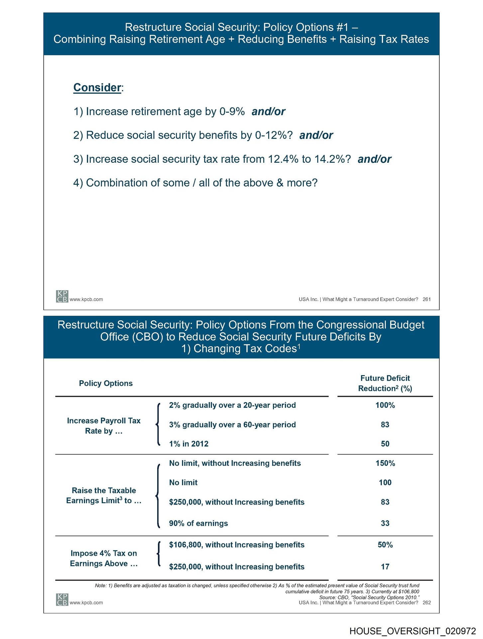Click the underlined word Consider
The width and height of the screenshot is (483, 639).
97,88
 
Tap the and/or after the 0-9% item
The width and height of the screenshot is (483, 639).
268,111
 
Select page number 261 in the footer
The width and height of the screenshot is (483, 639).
426,299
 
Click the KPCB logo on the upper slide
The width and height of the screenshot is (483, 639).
62,296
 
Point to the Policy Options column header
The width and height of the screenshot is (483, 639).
106,383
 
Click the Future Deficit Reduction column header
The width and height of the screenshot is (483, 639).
385,383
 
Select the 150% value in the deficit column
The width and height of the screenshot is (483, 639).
385,463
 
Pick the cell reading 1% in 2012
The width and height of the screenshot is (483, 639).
188,444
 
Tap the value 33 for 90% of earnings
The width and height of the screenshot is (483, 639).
385,523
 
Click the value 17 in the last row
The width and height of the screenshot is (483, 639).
385,567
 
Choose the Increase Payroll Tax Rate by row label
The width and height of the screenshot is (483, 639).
104,426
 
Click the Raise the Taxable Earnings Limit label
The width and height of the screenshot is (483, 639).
104,496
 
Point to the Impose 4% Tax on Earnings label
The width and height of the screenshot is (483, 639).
104,558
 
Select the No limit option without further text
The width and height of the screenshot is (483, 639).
183,483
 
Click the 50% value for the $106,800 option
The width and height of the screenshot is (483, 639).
385,545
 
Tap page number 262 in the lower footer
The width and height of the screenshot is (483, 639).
426,602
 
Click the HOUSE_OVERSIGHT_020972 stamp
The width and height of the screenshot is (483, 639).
413,631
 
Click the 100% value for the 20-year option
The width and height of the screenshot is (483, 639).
385,405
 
